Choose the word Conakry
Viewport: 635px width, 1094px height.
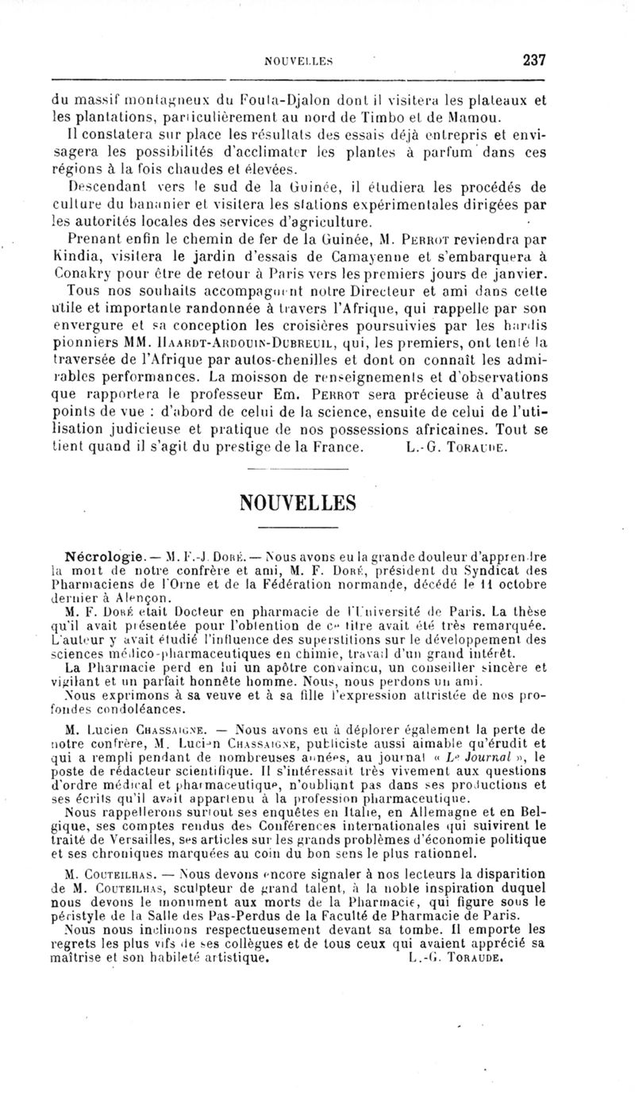[85, 274]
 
